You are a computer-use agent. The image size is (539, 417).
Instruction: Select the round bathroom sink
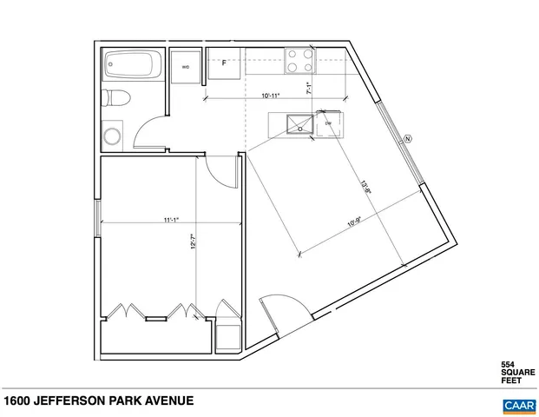(x=113, y=135)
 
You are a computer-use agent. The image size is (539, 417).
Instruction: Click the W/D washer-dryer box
(x=186, y=67)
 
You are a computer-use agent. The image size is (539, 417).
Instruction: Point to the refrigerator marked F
(x=224, y=64)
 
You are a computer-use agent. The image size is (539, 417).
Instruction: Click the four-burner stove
(x=300, y=61)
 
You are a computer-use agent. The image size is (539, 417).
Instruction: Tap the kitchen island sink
(x=302, y=122)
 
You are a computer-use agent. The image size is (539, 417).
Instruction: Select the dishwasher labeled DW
(x=330, y=124)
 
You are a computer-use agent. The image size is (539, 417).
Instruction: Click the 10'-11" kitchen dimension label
(x=271, y=96)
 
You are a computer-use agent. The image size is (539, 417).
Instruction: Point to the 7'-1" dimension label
(x=309, y=87)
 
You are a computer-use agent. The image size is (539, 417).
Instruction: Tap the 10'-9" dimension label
(x=356, y=221)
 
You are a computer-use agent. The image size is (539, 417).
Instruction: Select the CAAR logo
(x=518, y=404)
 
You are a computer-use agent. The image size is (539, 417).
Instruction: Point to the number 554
(x=508, y=365)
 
